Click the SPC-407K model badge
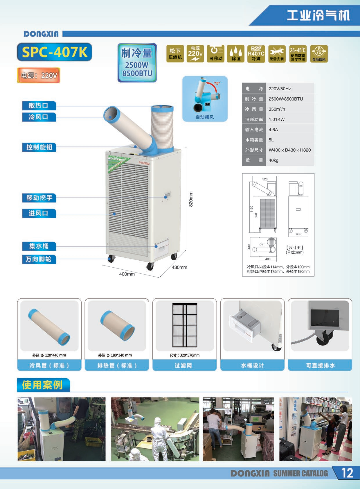pyautogui.click(x=54, y=52)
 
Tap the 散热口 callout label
pyautogui.click(x=39, y=105)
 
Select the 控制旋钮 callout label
pyautogui.click(x=39, y=147)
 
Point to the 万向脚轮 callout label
pyautogui.click(x=39, y=259)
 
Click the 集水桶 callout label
pyautogui.click(x=39, y=246)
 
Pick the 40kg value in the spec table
pyautogui.click(x=273, y=160)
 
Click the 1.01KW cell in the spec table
pyautogui.click(x=277, y=119)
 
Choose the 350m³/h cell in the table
pyautogui.click(x=277, y=109)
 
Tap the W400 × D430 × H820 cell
pyautogui.click(x=289, y=150)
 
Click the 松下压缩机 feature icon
pyautogui.click(x=175, y=54)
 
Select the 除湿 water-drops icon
pyautogui.click(x=236, y=54)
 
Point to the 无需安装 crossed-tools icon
pyautogui.click(x=276, y=54)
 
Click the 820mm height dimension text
pyautogui.click(x=191, y=199)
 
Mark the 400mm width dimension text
pyautogui.click(x=127, y=274)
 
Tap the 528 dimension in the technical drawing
pyautogui.click(x=265, y=179)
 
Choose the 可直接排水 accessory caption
pyautogui.click(x=320, y=365)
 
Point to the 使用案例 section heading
pyautogui.click(x=43, y=385)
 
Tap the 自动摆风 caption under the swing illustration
pyautogui.click(x=205, y=117)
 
